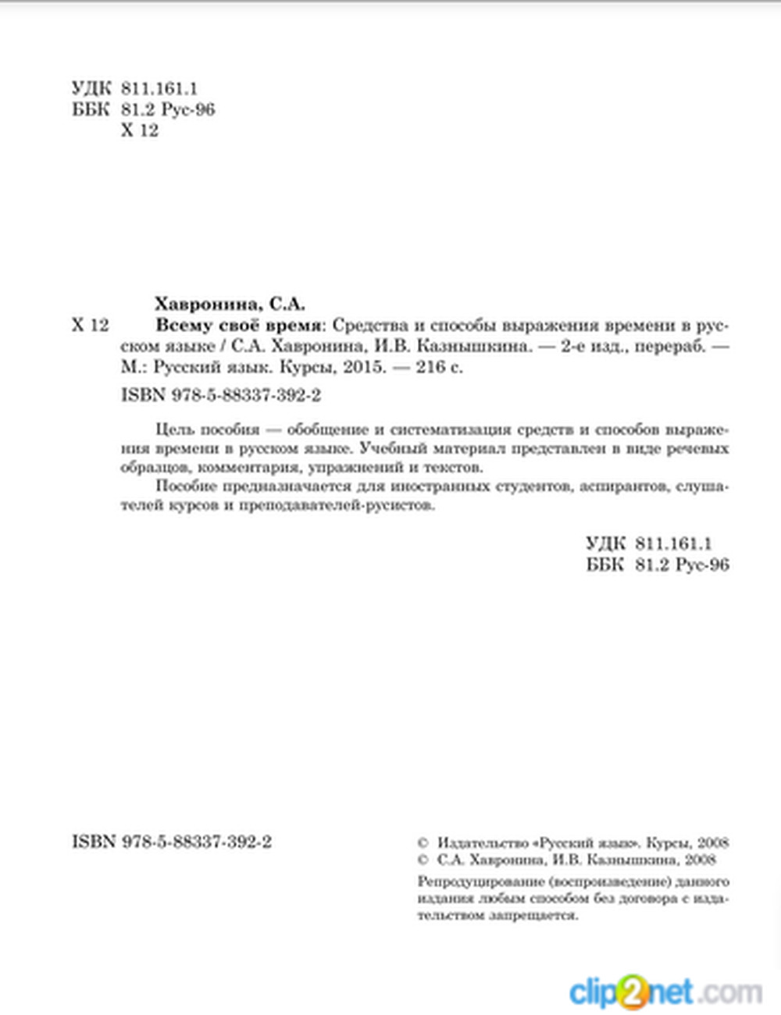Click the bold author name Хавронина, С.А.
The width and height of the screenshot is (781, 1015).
tap(230, 304)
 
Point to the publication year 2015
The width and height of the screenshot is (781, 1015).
tap(364, 366)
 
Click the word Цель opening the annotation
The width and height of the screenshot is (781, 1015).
tap(173, 429)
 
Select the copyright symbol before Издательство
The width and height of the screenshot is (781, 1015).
tap(423, 843)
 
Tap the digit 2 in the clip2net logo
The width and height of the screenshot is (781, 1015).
tap(630, 992)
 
